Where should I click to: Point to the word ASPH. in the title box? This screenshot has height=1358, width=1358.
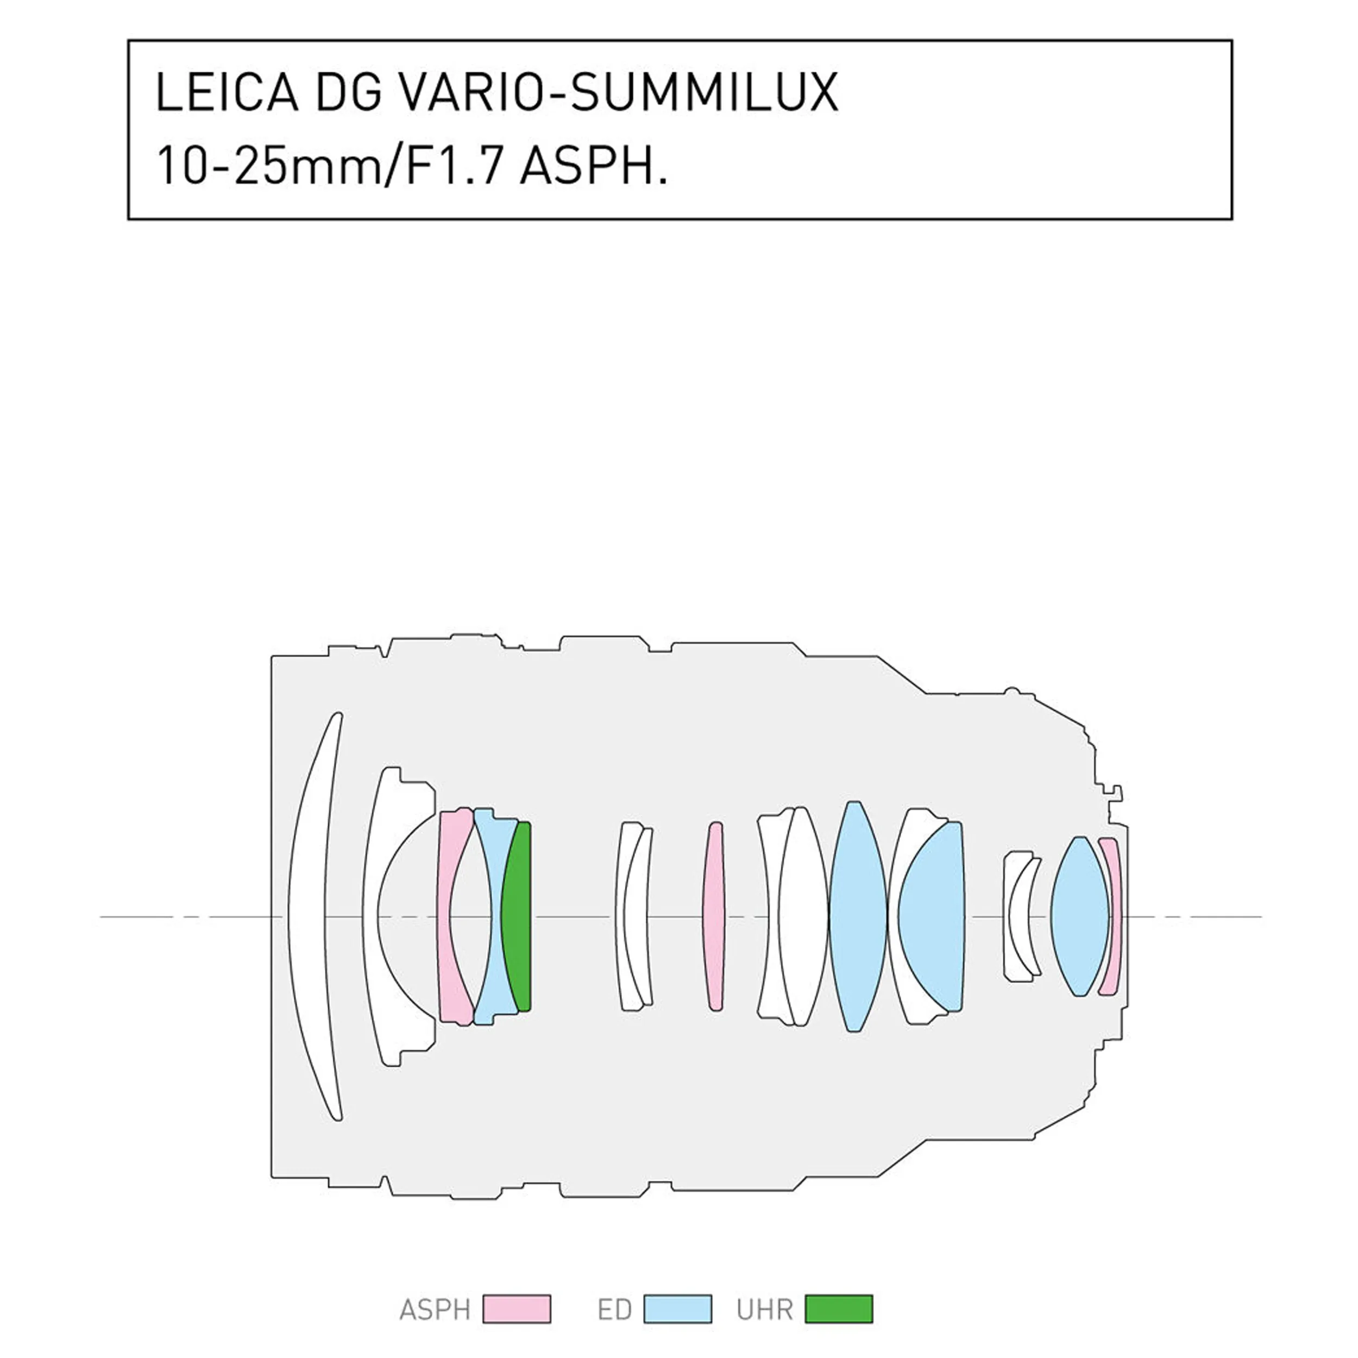(593, 166)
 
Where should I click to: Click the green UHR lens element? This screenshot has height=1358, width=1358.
(516, 916)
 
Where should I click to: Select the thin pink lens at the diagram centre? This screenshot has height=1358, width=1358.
(713, 916)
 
